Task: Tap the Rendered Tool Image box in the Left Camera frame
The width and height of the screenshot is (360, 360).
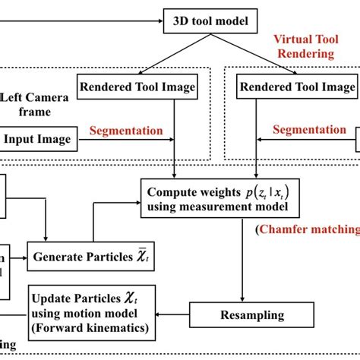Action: [137, 87]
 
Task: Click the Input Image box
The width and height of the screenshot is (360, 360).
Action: [38, 139]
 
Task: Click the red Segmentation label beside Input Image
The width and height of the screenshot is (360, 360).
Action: [126, 131]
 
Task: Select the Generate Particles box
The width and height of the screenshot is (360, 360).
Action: [84, 257]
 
